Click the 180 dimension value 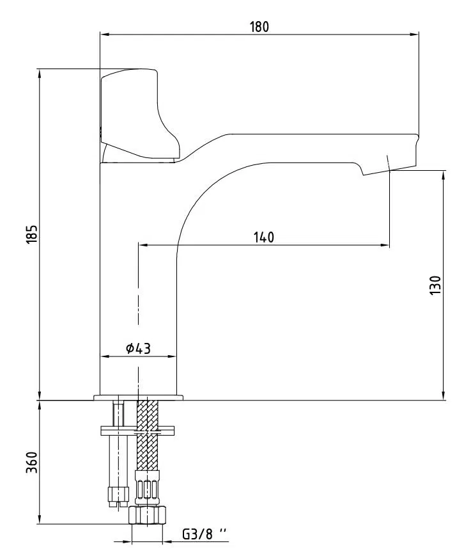tap(259, 27)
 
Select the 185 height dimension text tap(32, 234)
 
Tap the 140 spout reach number tap(264, 237)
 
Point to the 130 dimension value tap(435, 285)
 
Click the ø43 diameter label tap(139, 348)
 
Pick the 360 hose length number tap(32, 462)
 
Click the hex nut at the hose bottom tap(147, 514)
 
